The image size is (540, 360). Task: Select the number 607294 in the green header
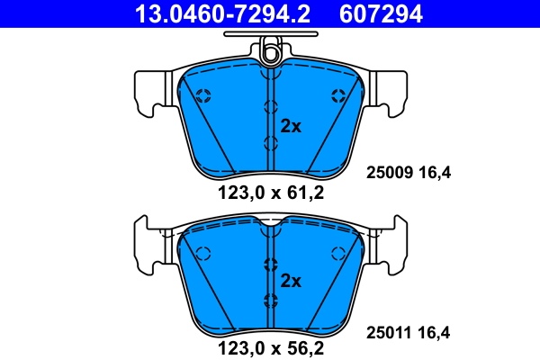[380, 13]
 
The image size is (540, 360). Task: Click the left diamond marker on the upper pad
[202, 96]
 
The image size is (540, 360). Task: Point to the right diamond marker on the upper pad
[339, 96]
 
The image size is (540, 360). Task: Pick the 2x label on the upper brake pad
[291, 126]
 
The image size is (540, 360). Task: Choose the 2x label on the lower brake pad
[291, 280]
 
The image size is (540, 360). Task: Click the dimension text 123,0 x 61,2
[270, 191]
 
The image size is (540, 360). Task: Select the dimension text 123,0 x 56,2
[270, 346]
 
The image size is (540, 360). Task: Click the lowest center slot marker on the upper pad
[270, 143]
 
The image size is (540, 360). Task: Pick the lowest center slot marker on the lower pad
[270, 300]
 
